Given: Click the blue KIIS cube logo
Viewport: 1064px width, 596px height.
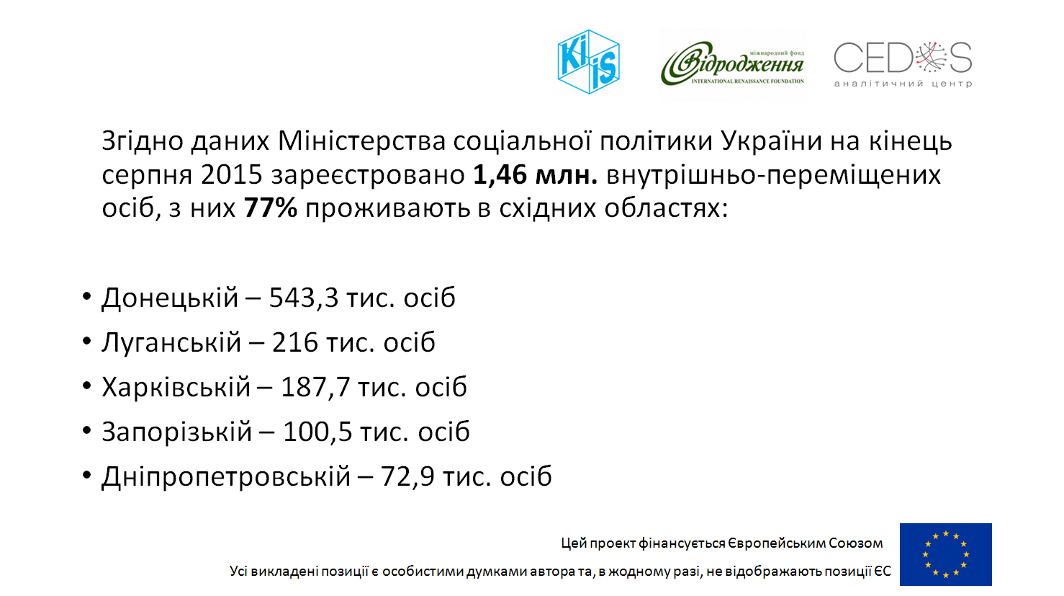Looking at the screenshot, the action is click(x=589, y=62).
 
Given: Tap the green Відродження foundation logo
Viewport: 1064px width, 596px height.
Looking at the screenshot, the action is click(x=732, y=63).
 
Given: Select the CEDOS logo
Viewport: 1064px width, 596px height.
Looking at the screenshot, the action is click(x=903, y=63).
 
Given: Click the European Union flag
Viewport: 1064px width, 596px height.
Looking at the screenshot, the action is click(x=945, y=554).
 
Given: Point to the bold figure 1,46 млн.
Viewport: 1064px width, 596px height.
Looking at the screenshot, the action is click(x=536, y=174).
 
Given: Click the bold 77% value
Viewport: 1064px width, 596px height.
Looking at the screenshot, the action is click(x=270, y=208).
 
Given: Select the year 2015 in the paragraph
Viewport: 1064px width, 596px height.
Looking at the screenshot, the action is click(x=231, y=174).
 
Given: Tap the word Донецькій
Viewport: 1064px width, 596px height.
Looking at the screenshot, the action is click(x=170, y=298).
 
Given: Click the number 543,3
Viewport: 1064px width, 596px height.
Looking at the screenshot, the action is click(x=304, y=298).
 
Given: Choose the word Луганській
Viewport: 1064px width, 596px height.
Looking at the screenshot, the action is click(x=171, y=342).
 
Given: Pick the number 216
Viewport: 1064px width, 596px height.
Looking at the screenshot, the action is click(x=294, y=342).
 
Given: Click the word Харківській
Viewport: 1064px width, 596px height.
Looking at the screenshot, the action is click(x=176, y=387).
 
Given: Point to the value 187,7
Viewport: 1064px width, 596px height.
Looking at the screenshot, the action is click(x=315, y=387).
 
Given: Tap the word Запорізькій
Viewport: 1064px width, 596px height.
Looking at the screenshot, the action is click(x=176, y=432).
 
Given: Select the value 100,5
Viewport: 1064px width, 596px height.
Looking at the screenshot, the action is click(x=317, y=432).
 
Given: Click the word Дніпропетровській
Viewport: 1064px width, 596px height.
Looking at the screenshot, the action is click(x=225, y=476).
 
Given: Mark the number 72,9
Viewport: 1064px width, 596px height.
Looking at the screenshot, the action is click(x=407, y=476).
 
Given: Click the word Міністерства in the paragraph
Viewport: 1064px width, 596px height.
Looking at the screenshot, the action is click(x=361, y=141).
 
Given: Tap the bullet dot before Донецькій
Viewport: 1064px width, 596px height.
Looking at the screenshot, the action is click(x=86, y=297).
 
